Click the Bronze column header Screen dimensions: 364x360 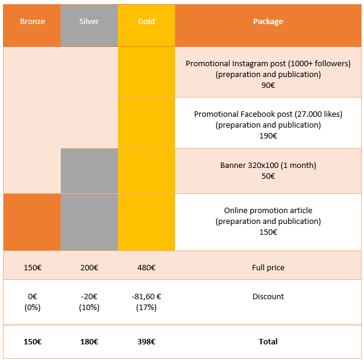point(32,21)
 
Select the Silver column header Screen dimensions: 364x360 point(89,21)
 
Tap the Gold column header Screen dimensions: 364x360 point(146,21)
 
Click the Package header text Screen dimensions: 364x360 point(268,21)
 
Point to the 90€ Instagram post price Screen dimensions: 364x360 point(268,85)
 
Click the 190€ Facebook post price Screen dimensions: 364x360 point(268,135)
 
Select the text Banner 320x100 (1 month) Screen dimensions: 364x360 point(268,166)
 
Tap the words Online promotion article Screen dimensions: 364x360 point(268,211)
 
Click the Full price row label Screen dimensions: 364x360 point(268,268)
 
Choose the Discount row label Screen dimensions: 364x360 point(268,297)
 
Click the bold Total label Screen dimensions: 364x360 point(268,342)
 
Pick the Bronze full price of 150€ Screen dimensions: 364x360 point(32,268)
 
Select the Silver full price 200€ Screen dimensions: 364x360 point(89,268)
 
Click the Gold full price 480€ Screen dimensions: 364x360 point(146,268)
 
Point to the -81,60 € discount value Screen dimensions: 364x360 point(146,297)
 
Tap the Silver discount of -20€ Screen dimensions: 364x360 point(89,297)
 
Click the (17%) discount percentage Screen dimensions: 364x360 point(146,308)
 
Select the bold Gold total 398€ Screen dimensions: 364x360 point(146,342)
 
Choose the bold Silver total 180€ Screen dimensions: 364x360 point(89,342)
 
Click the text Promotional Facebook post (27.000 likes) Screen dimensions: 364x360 point(268,114)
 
